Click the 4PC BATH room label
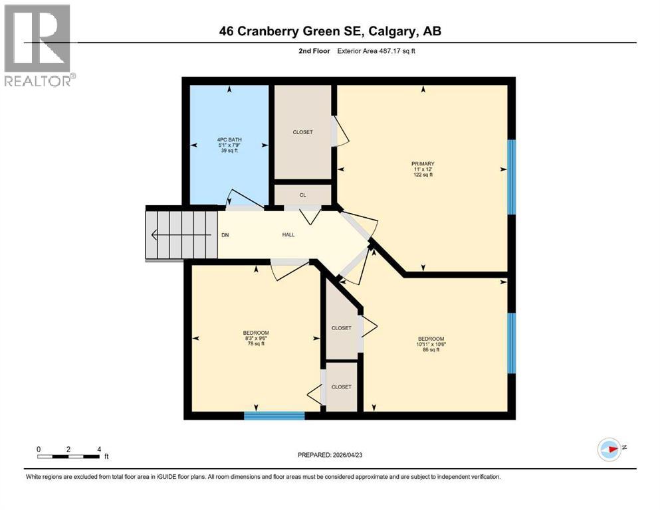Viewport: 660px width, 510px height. pos(230,139)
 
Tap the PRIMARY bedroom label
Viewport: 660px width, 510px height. pos(423,163)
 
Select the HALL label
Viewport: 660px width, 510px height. pos(288,234)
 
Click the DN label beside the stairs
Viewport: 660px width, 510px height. pos(225,234)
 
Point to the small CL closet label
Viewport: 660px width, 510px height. pos(302,195)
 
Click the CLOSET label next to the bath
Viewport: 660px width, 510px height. pos(302,132)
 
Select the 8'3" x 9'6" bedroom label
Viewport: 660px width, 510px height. pos(256,338)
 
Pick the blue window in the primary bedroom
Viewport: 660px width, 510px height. pos(511,177)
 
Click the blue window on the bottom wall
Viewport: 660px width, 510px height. pos(274,416)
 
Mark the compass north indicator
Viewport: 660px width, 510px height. pos(609,450)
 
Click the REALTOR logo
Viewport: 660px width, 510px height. pos(38,45)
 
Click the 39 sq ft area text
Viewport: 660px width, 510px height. pos(230,151)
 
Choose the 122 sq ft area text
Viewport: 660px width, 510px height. pos(423,175)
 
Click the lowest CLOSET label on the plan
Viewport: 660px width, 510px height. pos(341,386)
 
